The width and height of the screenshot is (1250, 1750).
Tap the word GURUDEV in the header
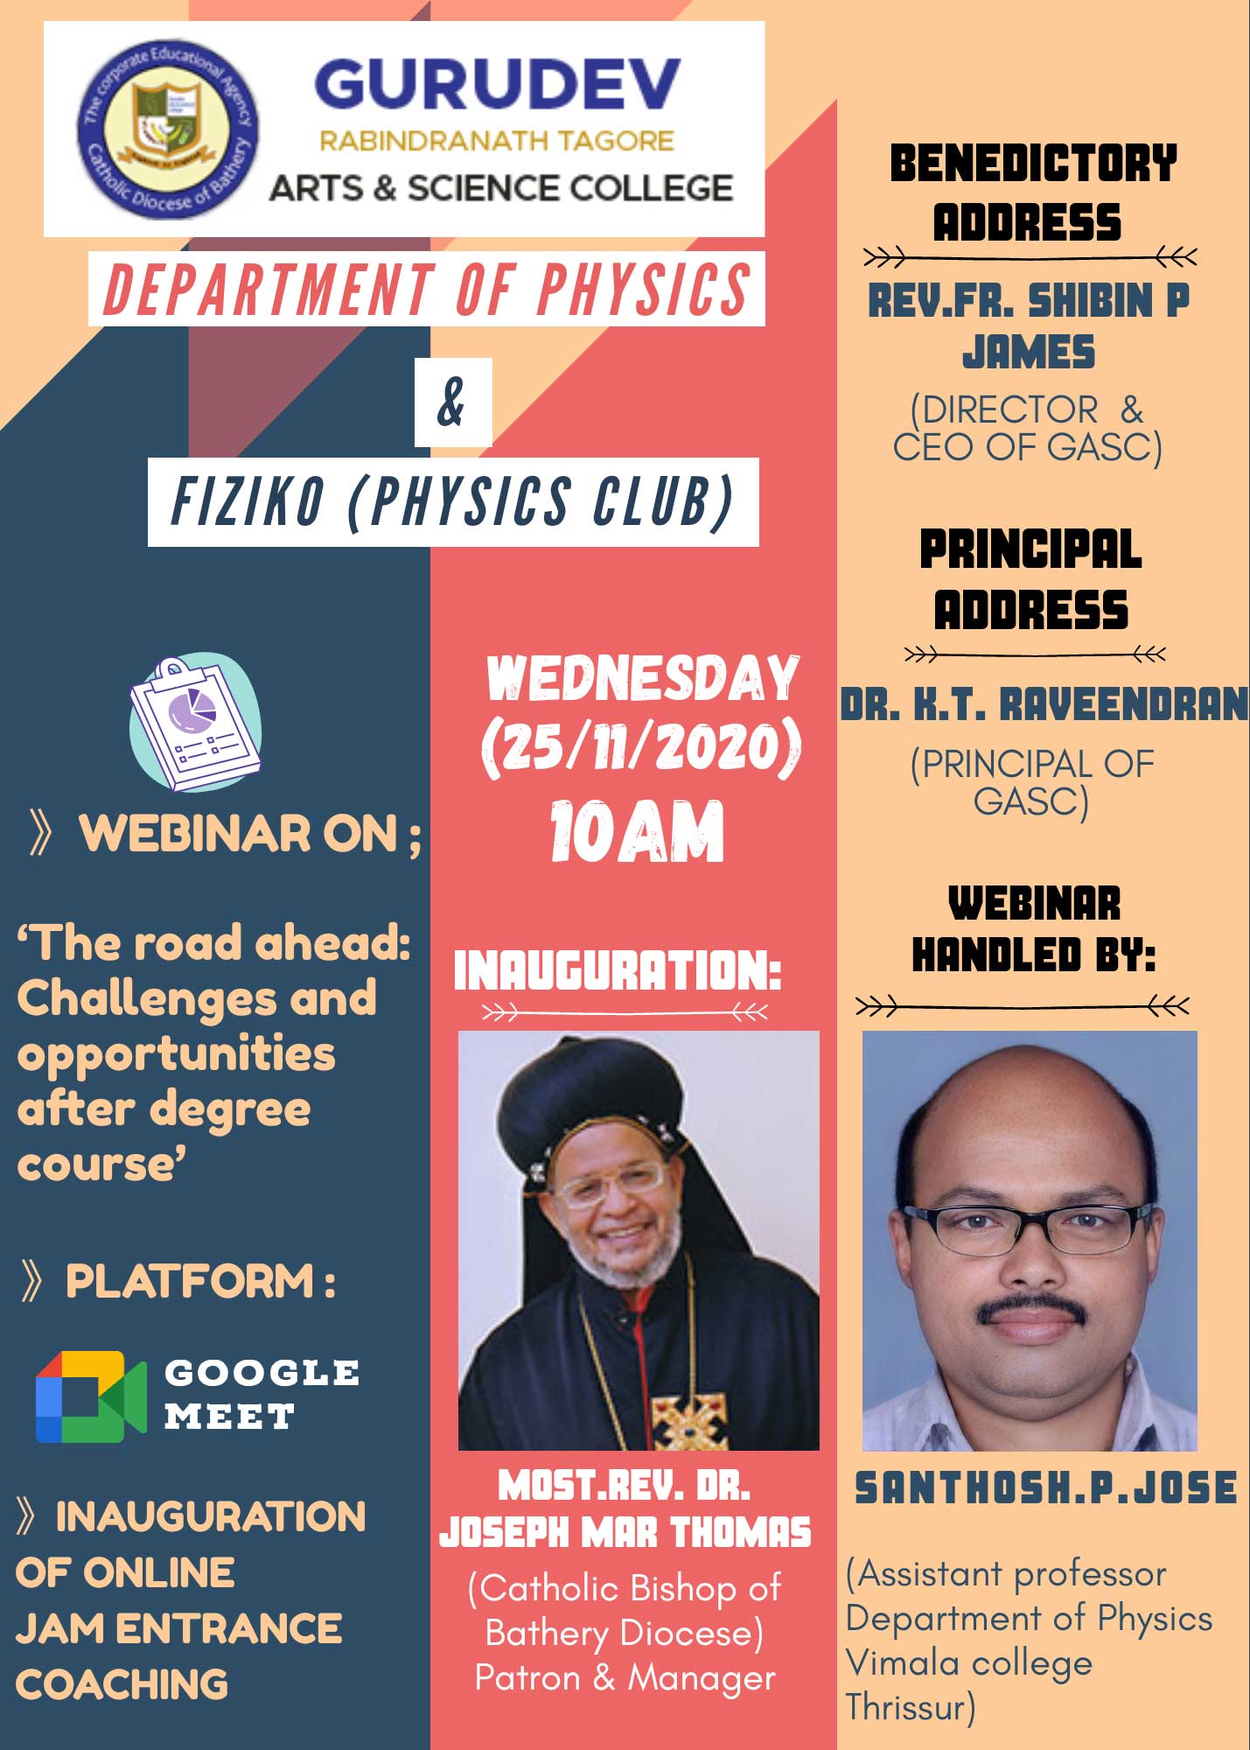point(497,84)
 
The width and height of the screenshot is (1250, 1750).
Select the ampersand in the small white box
point(452,402)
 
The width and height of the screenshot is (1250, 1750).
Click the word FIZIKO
point(248,502)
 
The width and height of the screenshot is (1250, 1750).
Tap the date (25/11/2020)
point(641,749)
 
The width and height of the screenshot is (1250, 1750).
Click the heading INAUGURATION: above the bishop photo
point(617,970)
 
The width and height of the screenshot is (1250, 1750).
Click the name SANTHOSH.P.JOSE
point(1046,1488)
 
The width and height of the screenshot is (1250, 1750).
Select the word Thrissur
point(911,1707)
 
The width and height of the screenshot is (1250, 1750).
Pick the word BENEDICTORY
point(1033,164)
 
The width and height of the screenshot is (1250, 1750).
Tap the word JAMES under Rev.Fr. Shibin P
point(1029,353)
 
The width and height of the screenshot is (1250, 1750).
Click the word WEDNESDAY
point(643,678)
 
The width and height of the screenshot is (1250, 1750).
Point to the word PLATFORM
point(190,1281)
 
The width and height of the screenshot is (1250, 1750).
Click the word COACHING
point(122,1684)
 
